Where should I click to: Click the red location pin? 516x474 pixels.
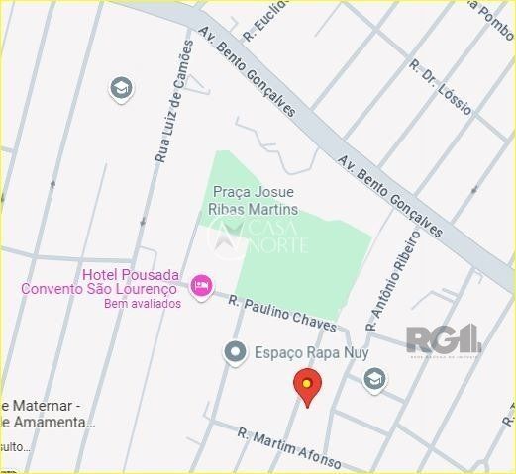pos(307,386)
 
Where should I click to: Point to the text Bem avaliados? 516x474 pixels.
pos(143,304)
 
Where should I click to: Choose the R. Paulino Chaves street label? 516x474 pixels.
pos(282,314)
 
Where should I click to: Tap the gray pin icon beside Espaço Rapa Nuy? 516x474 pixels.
pos(235,351)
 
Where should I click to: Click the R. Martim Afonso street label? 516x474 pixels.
pos(289,448)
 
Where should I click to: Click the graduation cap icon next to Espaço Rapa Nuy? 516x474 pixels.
pos(374,379)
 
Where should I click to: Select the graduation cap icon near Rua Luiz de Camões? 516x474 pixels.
pos(121,88)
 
